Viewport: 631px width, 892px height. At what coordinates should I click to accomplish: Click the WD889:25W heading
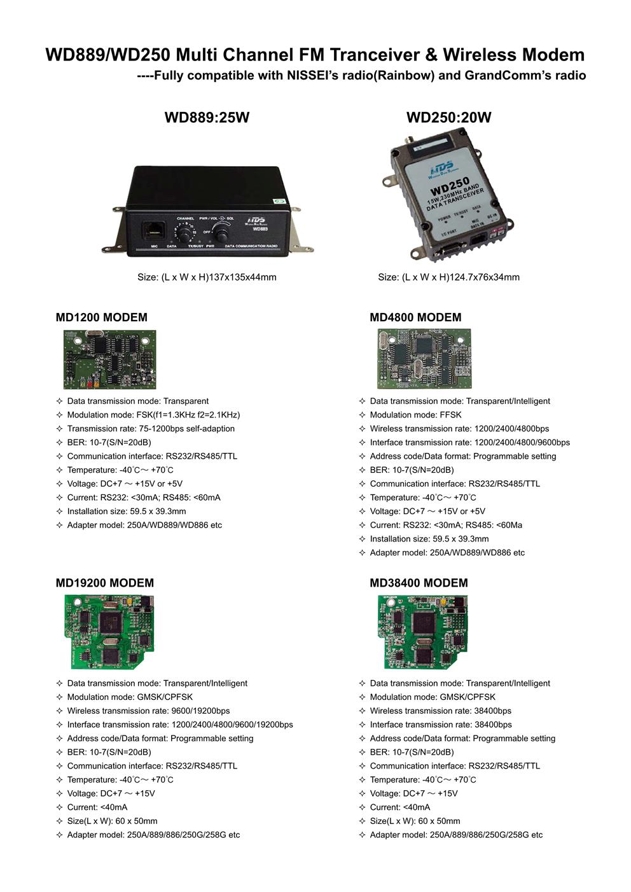click(207, 118)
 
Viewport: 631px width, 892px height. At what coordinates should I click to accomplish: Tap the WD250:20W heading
click(448, 118)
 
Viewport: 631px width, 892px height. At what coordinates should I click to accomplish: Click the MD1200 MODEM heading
click(102, 317)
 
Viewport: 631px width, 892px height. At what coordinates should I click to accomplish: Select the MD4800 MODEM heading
click(415, 317)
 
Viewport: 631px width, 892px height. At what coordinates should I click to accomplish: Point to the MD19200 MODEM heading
click(105, 583)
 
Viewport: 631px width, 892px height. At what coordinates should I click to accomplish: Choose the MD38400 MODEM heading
click(419, 583)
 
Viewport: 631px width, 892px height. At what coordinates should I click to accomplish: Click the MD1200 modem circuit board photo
click(109, 359)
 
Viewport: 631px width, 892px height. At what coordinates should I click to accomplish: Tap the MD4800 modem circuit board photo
click(424, 359)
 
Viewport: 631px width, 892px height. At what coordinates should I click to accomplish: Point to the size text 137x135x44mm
click(207, 277)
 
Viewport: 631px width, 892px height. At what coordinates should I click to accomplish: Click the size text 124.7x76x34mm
click(448, 277)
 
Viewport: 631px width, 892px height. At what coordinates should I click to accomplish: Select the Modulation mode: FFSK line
click(415, 415)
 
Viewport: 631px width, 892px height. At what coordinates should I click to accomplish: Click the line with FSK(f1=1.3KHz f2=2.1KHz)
click(153, 415)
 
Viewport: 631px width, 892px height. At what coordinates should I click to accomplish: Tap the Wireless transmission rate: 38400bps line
click(440, 711)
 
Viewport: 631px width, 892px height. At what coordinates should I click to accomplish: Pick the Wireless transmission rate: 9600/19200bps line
click(148, 711)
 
